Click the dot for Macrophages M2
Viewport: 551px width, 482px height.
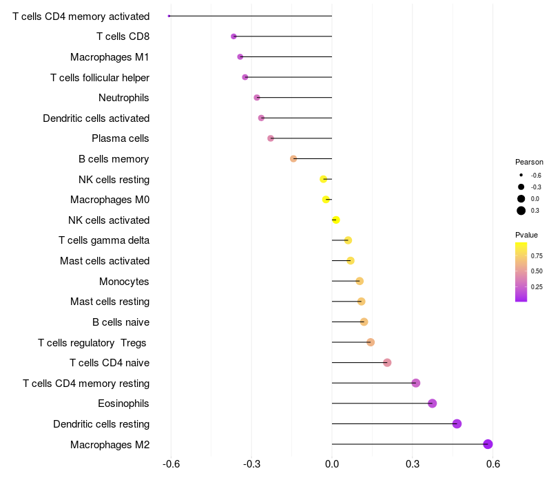[488, 444]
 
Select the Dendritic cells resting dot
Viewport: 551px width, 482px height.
[457, 423]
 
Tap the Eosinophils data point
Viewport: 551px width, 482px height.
[432, 404]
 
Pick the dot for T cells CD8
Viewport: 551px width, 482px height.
[233, 36]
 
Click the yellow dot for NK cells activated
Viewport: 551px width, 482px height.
[336, 220]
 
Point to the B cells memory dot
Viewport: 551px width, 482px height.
[293, 158]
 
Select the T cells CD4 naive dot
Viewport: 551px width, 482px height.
[387, 363]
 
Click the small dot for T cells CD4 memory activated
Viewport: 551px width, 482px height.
[169, 16]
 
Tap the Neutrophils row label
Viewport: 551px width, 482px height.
[124, 98]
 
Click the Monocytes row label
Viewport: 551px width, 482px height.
[124, 281]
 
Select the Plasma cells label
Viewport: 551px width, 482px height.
[121, 138]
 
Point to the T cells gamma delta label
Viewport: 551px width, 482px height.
[104, 240]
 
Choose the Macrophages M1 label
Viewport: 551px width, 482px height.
[110, 57]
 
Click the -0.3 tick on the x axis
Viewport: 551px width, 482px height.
[251, 465]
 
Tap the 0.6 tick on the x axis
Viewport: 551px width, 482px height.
[493, 465]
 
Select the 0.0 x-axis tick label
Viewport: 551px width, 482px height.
[332, 465]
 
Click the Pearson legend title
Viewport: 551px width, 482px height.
[529, 162]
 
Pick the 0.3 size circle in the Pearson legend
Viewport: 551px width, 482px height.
[521, 211]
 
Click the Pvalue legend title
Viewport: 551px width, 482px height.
[527, 235]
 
